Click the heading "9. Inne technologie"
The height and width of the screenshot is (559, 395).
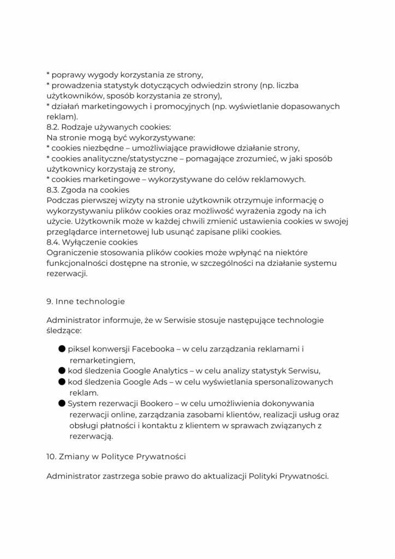click(x=86, y=301)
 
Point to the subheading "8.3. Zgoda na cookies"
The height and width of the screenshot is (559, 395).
click(x=87, y=190)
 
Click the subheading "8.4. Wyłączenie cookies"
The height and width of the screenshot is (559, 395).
click(x=92, y=242)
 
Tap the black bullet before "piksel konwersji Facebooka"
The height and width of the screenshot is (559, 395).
click(x=62, y=349)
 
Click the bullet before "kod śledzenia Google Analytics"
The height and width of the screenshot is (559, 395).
click(x=62, y=370)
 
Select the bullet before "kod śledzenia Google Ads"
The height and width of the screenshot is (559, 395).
click(x=62, y=381)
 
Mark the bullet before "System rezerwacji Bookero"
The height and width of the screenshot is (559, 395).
click(x=62, y=403)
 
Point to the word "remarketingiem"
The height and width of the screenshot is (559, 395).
click(x=101, y=360)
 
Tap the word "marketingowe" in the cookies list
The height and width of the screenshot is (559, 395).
click(x=106, y=180)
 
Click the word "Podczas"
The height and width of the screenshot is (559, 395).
click(x=63, y=200)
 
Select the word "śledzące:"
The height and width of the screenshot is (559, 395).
click(x=65, y=330)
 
